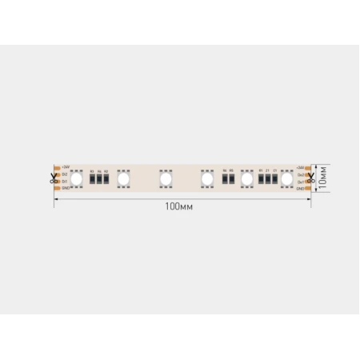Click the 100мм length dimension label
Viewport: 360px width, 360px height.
point(180,206)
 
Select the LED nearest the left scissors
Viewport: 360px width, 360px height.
point(77,178)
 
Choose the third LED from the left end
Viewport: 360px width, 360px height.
point(166,178)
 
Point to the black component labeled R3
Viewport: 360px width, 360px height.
point(93,179)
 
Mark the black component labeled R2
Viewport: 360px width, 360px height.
point(106,179)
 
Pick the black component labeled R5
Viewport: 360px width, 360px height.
point(232,179)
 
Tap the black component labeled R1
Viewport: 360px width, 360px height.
point(262,179)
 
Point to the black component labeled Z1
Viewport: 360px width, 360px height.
point(268,179)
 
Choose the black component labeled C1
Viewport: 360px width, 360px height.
point(274,179)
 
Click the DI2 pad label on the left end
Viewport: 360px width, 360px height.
point(66,174)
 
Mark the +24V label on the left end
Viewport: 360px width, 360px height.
point(66,167)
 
